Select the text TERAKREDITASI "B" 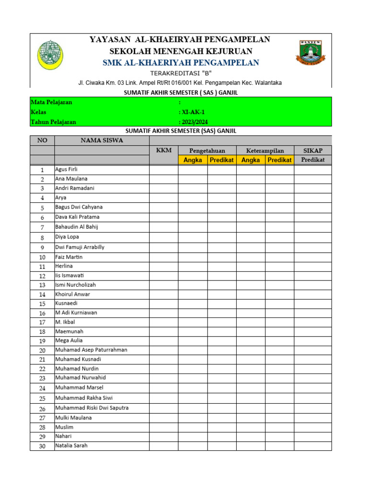tap(181, 73)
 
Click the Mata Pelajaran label tap(52, 103)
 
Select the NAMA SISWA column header tap(102, 140)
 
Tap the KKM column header tap(164, 151)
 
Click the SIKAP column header tap(313, 151)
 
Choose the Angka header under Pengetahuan tap(193, 160)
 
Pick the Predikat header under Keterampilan tap(279, 160)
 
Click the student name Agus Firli tap(66, 170)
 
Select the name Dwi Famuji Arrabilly tap(80, 247)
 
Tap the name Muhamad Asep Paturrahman tap(92, 350)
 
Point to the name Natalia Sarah tap(71, 445)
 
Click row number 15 tap(42, 304)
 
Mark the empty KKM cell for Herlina tap(164, 266)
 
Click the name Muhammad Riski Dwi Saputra tap(92, 408)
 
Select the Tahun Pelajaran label tap(54, 122)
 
